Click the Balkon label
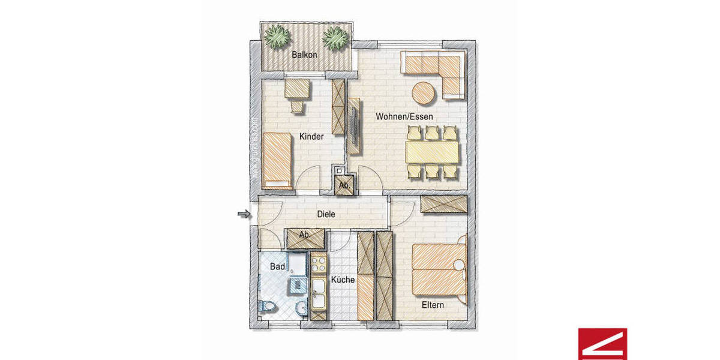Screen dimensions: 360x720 click(x=304, y=55)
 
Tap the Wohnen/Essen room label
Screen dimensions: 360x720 click(x=404, y=116)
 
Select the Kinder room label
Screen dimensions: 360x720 click(x=311, y=137)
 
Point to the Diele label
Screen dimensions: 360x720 click(x=326, y=214)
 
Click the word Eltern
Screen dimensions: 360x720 click(x=433, y=305)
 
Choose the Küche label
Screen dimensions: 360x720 click(x=343, y=280)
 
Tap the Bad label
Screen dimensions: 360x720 click(x=277, y=266)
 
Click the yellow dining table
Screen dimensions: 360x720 click(x=432, y=152)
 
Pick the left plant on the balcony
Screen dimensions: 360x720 click(x=277, y=37)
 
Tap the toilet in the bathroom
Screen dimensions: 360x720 click(x=267, y=307)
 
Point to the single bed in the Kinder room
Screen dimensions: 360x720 click(x=277, y=158)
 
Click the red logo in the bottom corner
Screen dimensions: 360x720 click(x=602, y=343)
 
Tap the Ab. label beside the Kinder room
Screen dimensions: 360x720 click(x=344, y=185)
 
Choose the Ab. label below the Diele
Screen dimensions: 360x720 click(x=305, y=235)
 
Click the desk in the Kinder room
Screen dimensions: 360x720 click(x=297, y=88)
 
